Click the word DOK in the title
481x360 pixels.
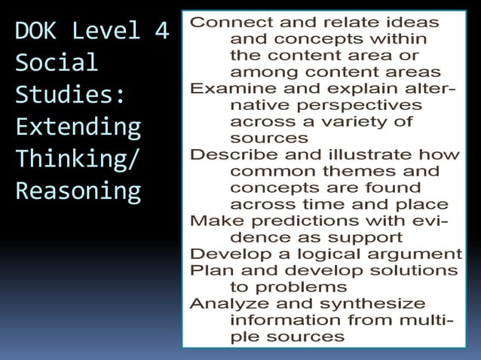[x=38, y=32]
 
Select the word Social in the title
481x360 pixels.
[x=57, y=63]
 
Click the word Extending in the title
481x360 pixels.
[x=78, y=127]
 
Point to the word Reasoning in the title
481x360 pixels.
[x=78, y=191]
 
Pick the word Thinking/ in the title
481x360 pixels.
[x=78, y=160]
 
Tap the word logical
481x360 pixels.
[x=339, y=254]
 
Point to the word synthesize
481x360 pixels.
[x=381, y=304]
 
